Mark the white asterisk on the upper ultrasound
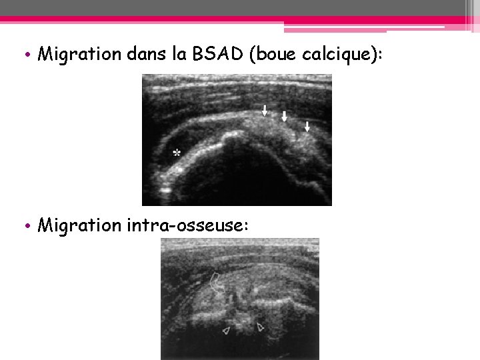[x=177, y=153]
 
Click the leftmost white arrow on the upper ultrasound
[x=265, y=111]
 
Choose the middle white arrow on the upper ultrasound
[x=285, y=117]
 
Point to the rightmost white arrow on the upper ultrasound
[x=307, y=126]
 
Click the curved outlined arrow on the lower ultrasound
[x=215, y=283]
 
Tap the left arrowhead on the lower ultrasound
[x=227, y=329]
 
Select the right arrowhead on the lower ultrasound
[x=261, y=327]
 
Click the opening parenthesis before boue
[x=253, y=54]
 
